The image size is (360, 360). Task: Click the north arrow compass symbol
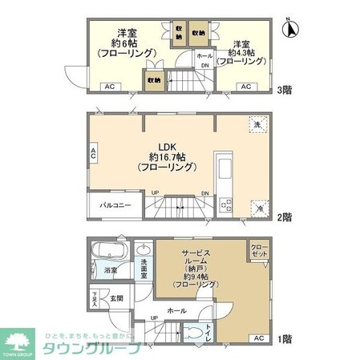[x=292, y=29]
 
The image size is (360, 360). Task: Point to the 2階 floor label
[x=286, y=216]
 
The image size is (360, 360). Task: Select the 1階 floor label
[x=286, y=339]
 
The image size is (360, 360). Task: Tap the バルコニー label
[x=115, y=206]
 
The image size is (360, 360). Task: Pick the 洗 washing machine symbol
[x=257, y=125]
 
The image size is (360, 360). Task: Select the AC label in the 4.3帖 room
[x=247, y=87]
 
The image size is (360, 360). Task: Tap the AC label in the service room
[x=257, y=338]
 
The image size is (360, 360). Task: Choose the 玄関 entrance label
[x=118, y=298]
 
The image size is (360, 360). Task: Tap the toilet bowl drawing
[x=192, y=333]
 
